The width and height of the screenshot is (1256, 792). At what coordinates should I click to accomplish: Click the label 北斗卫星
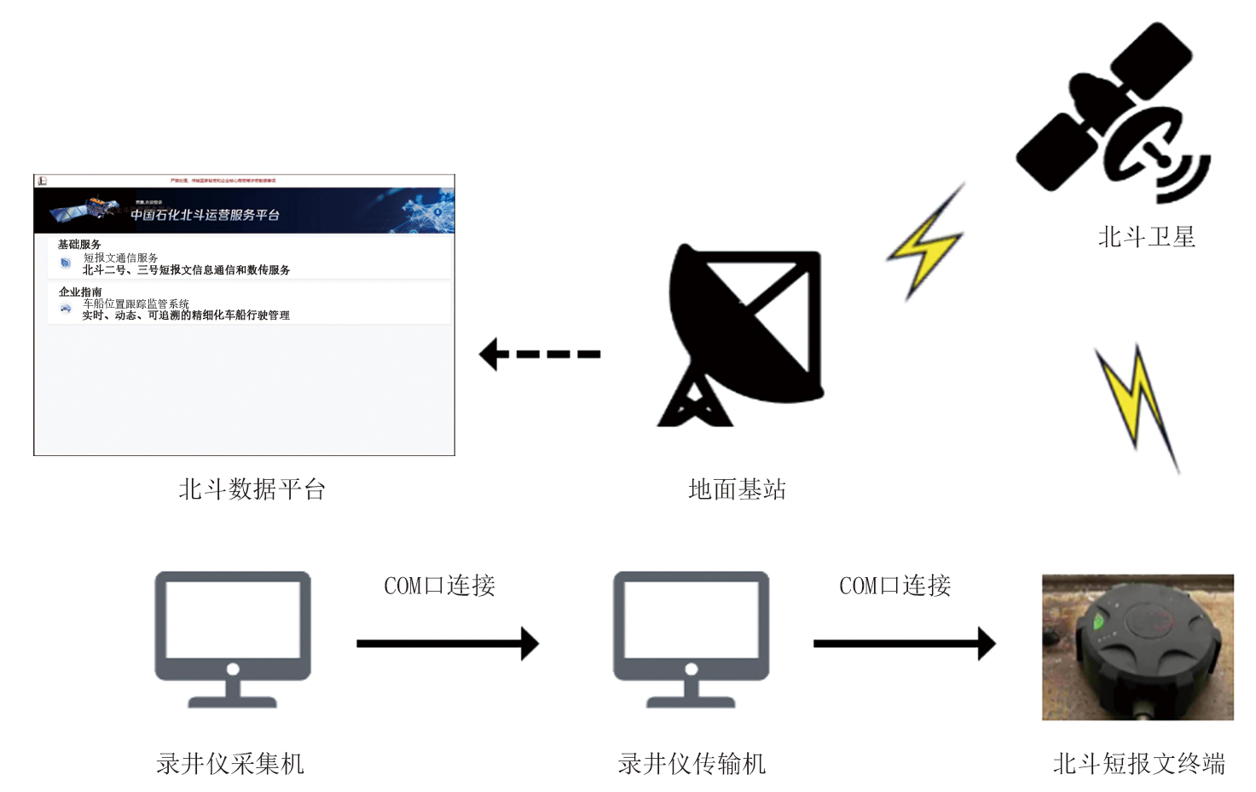point(1146,237)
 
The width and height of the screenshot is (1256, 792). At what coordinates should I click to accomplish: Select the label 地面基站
point(737,489)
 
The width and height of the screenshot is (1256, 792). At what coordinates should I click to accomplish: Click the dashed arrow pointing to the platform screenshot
point(540,354)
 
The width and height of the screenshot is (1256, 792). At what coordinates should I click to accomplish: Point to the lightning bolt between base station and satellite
point(926,242)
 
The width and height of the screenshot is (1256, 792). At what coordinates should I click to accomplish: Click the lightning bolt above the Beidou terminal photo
point(1137,405)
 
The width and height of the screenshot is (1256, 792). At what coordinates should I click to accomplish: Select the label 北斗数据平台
point(252,489)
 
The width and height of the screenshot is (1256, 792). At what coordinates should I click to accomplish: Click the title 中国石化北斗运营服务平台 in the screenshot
point(205,215)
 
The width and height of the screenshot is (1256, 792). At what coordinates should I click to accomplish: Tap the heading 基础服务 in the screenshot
point(79,245)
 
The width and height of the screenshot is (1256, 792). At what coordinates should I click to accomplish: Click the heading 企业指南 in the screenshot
point(80,292)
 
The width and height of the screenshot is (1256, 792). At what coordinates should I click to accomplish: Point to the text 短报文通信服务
point(120,257)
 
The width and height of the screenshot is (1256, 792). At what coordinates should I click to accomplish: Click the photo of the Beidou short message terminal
point(1137,647)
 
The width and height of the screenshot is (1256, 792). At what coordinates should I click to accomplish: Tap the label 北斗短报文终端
point(1138,763)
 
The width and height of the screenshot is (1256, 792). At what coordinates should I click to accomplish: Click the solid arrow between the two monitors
point(448,644)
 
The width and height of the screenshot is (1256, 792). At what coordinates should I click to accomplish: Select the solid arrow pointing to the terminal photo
point(904,644)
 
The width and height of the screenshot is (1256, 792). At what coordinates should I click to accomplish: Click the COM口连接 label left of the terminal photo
point(894,586)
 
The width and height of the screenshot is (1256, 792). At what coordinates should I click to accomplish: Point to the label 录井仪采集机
point(230,763)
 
